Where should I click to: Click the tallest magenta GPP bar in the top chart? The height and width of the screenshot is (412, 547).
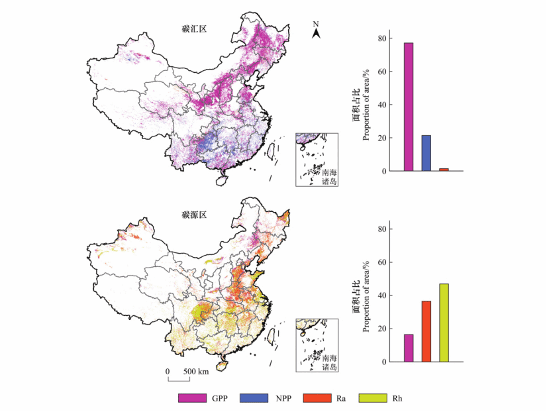409,107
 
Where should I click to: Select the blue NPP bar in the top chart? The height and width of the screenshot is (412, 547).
426,153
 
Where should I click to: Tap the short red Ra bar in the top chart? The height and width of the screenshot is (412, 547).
444,170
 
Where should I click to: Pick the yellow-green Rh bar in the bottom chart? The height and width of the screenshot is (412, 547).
444,323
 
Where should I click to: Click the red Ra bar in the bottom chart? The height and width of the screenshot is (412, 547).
426,331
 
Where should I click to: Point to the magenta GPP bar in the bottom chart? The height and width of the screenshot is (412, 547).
409,348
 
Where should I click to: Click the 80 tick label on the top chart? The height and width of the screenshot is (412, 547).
381,38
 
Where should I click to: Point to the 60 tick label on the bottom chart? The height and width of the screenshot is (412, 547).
381,262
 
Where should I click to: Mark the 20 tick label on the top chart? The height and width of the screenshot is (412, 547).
381,138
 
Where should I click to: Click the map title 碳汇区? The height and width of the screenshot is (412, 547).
194,29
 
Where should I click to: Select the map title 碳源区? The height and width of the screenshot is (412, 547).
194,215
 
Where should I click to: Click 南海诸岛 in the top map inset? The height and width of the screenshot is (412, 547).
329,177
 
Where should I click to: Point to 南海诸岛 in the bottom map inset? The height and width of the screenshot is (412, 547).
329,362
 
